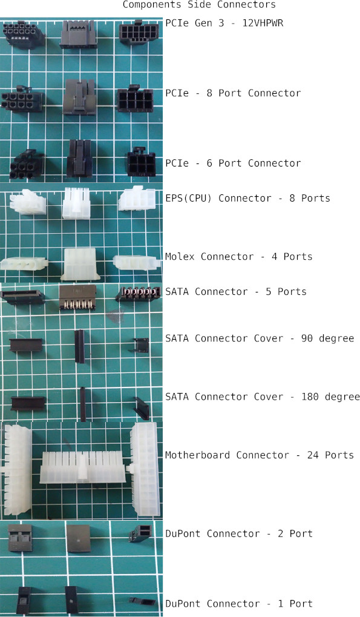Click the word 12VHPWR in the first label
[x=263, y=23]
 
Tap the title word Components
[x=152, y=5]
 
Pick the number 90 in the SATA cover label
[x=307, y=338]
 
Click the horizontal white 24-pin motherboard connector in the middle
[x=82, y=467]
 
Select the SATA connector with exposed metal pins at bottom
[x=77, y=297]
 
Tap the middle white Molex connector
[x=80, y=263]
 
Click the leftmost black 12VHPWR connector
[x=24, y=35]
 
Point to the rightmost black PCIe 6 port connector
[x=141, y=162]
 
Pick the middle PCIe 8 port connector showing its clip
[x=79, y=96]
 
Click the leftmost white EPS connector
[x=28, y=202]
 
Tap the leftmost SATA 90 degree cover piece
[x=25, y=345]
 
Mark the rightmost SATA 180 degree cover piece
[x=141, y=409]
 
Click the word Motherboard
[x=197, y=455]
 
